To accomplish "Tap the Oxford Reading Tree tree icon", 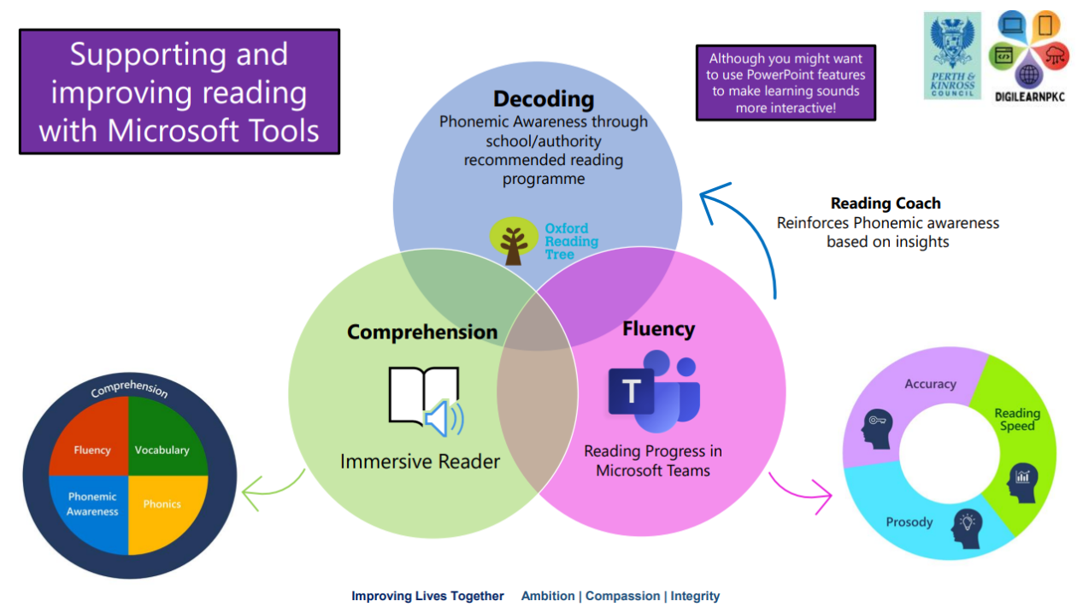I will tap(514, 240).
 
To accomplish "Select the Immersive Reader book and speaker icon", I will tap(426, 401).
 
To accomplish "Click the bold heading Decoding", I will tap(544, 98).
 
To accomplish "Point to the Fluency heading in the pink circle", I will tap(658, 329).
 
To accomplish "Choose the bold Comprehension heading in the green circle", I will tap(422, 333).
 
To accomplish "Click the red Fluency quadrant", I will tap(91, 449).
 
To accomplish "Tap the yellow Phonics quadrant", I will tap(162, 504).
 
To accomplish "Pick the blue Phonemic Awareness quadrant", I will tap(92, 504).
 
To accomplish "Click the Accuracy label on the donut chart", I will tap(930, 384).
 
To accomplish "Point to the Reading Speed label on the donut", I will tap(1017, 419).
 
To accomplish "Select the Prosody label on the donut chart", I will tap(909, 522).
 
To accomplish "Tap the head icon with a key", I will tap(879, 427).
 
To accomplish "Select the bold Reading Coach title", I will tap(886, 203).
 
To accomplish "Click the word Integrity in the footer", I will tap(695, 596).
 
